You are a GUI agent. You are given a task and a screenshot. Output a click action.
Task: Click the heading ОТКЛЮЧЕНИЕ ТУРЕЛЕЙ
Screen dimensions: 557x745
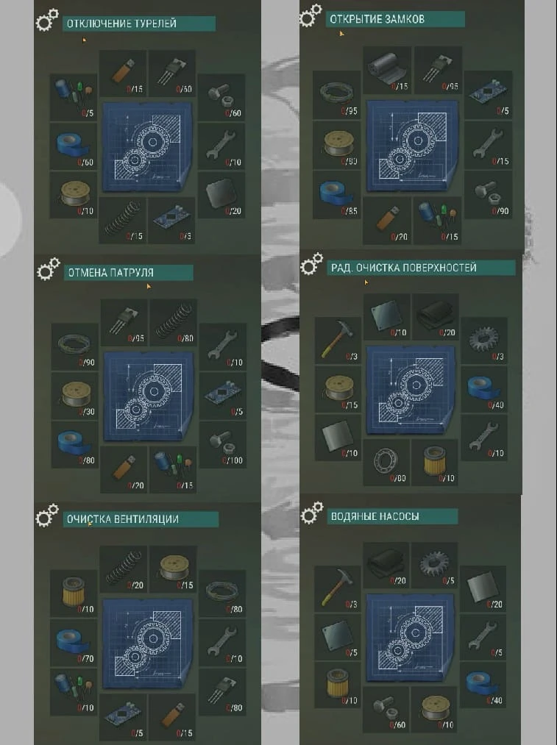point(121,24)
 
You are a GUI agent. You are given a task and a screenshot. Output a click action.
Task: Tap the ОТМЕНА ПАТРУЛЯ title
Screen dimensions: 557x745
point(110,273)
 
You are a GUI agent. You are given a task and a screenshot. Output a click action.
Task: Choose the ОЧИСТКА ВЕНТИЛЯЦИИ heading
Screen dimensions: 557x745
point(122,519)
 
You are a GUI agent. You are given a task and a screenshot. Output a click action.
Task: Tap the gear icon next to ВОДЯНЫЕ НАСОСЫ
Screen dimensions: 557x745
point(312,512)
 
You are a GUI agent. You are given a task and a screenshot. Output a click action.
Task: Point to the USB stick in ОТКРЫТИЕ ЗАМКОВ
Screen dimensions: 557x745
point(388,218)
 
